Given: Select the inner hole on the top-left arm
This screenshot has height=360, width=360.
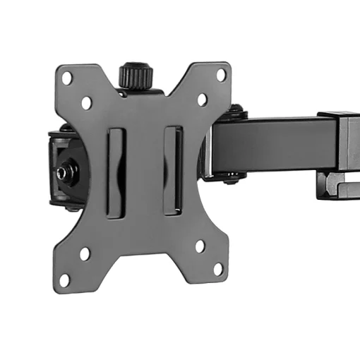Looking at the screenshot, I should tap(86, 102).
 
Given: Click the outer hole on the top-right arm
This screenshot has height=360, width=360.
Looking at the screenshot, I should tap(220, 73).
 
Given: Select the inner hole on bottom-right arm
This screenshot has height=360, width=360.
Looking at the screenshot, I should tap(200, 246).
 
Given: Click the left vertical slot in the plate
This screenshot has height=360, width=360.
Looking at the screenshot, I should tap(116, 171).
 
